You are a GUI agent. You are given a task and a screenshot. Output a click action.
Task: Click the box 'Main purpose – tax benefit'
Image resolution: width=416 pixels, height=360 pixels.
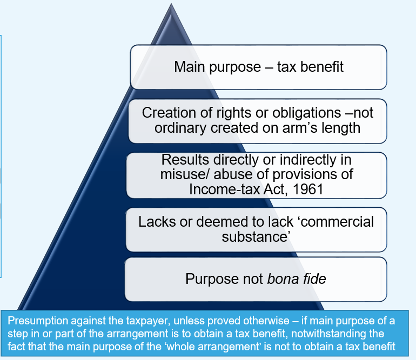point(258,67)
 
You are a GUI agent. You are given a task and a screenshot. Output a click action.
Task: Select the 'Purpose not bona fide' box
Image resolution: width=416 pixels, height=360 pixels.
point(256,279)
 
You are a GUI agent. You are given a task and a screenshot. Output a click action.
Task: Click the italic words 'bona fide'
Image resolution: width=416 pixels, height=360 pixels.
point(299,279)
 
